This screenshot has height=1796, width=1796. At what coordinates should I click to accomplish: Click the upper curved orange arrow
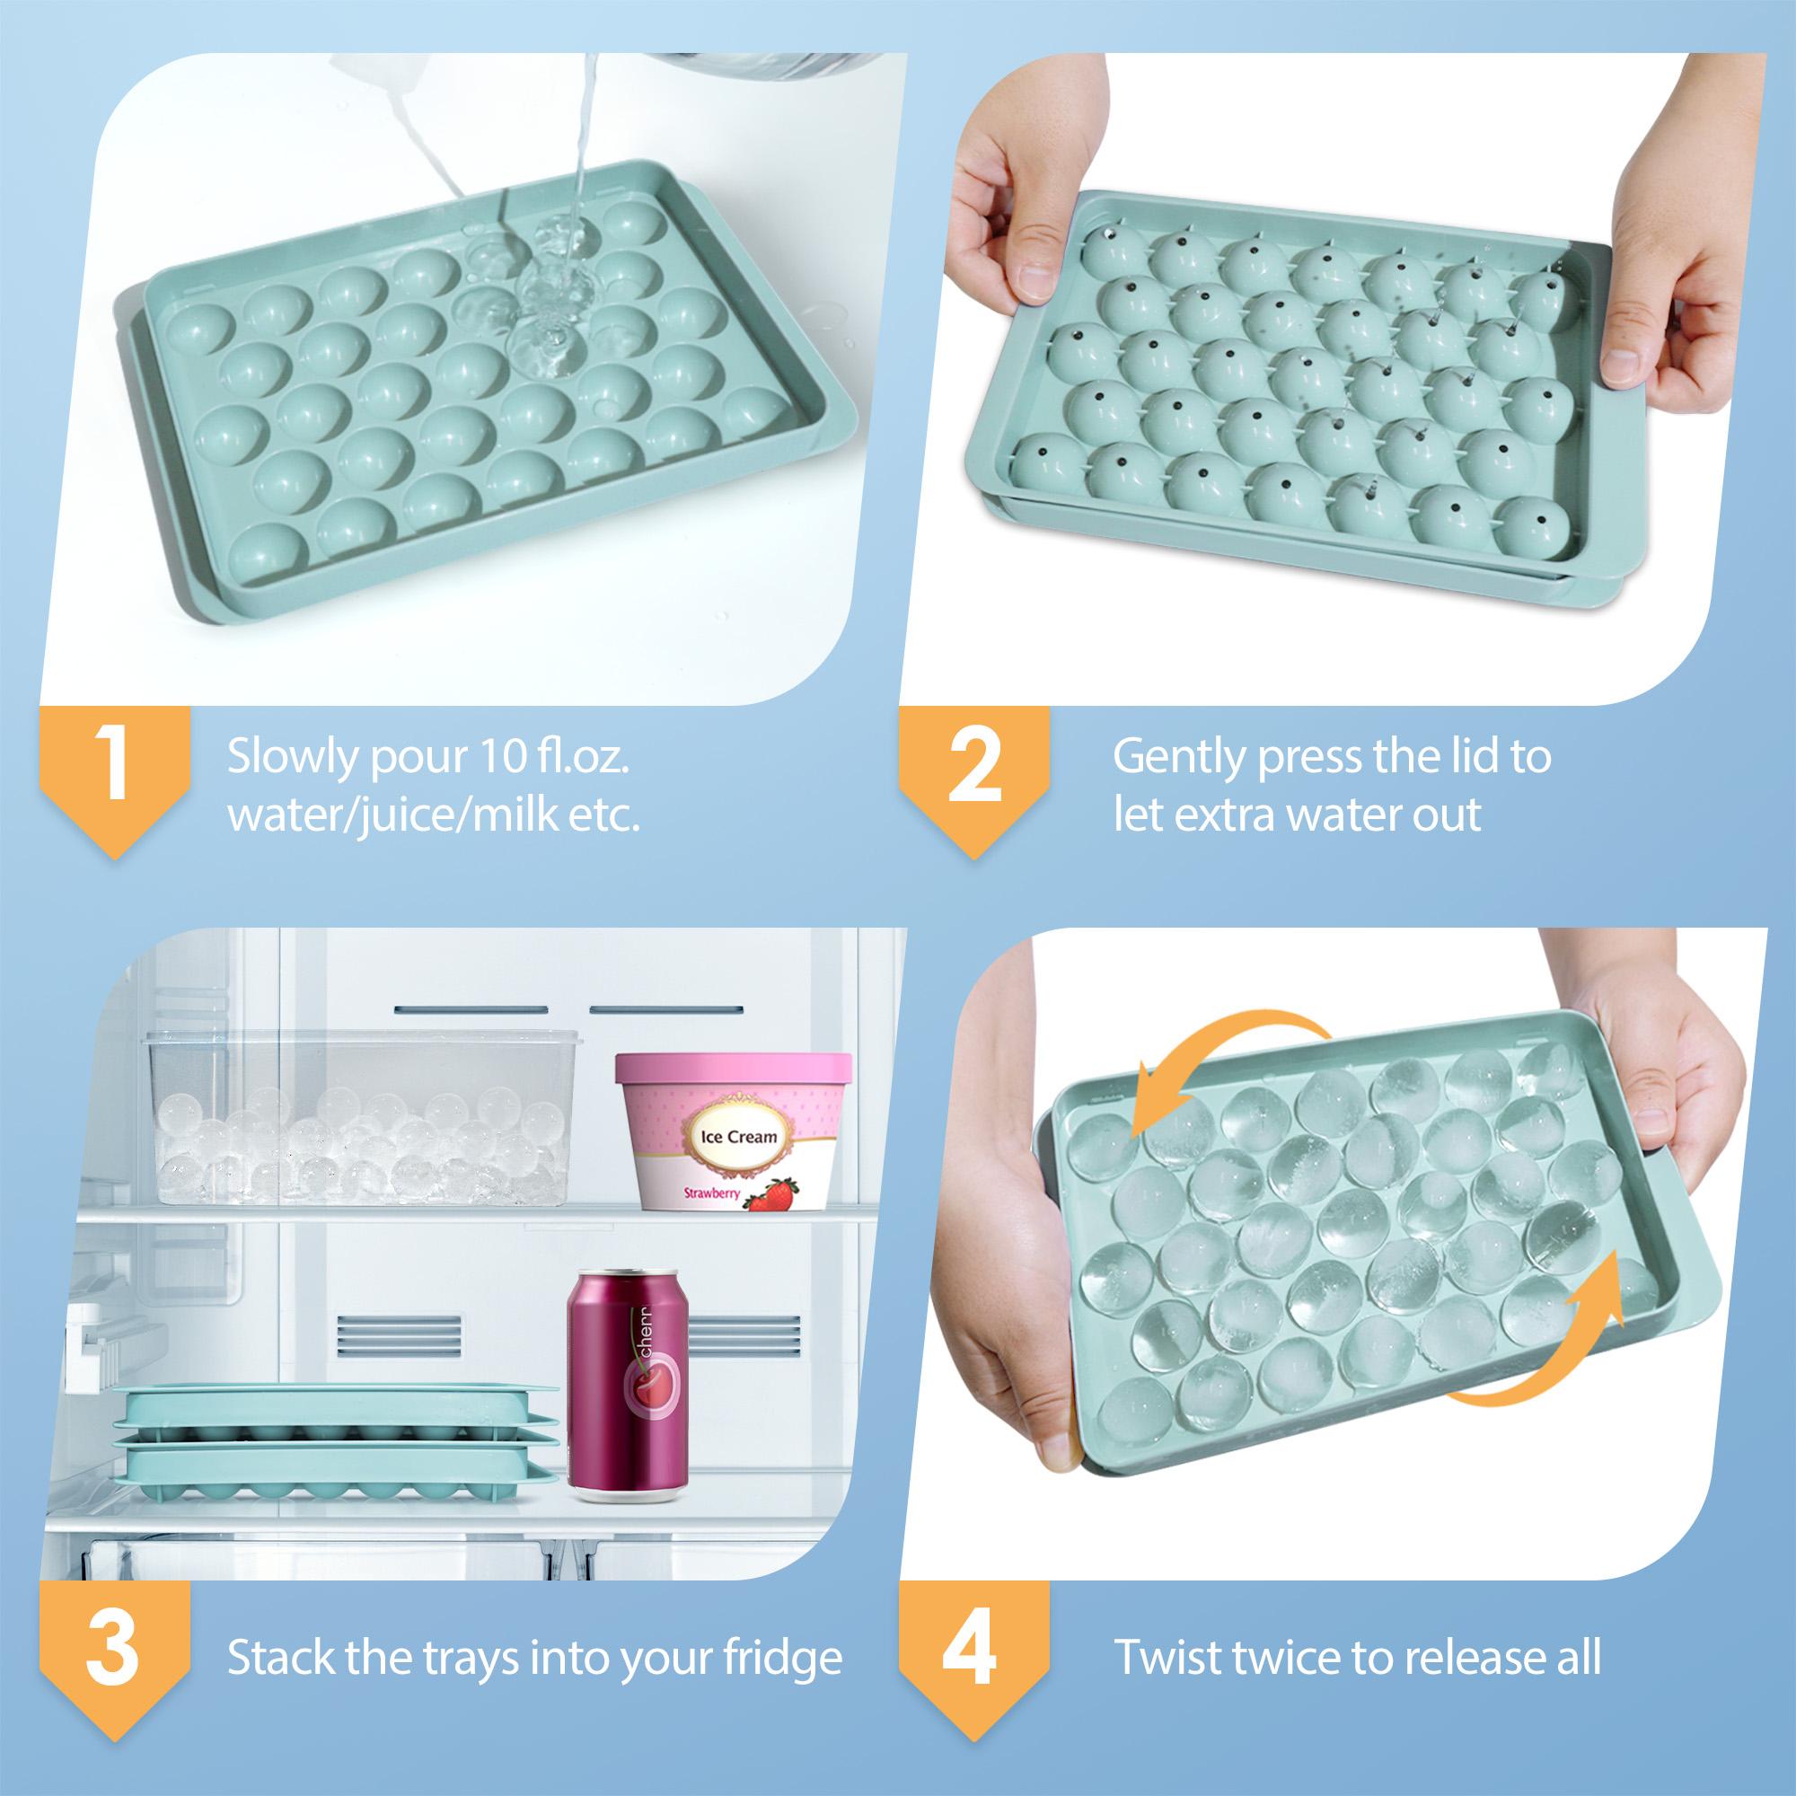pos(1233,1069)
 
